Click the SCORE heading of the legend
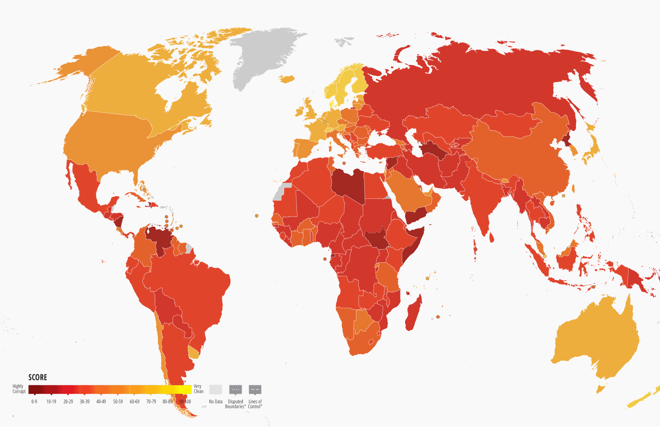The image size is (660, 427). click(x=38, y=377)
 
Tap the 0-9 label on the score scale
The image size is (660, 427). click(x=34, y=402)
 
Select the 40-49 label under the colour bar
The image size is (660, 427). click(x=101, y=402)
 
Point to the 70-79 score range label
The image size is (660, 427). click(x=151, y=402)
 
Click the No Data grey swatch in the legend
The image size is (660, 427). click(x=216, y=390)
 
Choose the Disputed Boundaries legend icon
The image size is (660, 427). click(x=236, y=390)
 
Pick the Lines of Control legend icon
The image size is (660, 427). click(x=255, y=390)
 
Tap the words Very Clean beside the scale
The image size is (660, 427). click(x=199, y=389)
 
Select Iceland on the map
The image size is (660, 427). click(x=287, y=79)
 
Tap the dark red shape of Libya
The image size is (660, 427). click(x=348, y=185)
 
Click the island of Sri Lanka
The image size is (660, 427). click(x=492, y=238)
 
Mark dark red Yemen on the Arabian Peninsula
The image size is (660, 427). click(x=416, y=216)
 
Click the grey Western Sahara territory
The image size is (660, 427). click(x=281, y=191)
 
